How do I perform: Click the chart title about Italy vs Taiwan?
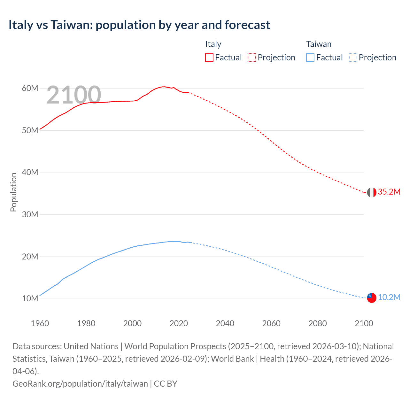[x=139, y=25]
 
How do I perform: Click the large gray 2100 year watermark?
[x=74, y=95]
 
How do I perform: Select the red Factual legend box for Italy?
[x=209, y=58]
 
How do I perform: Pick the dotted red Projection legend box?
[x=252, y=58]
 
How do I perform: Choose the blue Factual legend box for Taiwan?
[x=310, y=58]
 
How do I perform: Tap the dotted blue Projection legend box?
[x=353, y=58]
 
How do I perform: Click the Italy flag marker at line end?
[x=371, y=192]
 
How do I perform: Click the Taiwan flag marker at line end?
[x=371, y=298]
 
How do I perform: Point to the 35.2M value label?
[x=389, y=192]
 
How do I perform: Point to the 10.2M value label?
[x=389, y=297]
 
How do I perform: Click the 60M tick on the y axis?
[x=30, y=88]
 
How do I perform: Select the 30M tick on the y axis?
[x=30, y=214]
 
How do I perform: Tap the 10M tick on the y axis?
[x=30, y=298]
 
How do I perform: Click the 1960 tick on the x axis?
[x=40, y=323]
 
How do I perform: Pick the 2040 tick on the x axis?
[x=225, y=323]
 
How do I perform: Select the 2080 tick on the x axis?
[x=318, y=323]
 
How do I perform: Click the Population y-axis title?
[x=13, y=192]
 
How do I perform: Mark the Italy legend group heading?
[x=213, y=44]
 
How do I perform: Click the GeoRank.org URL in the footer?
[x=80, y=384]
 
